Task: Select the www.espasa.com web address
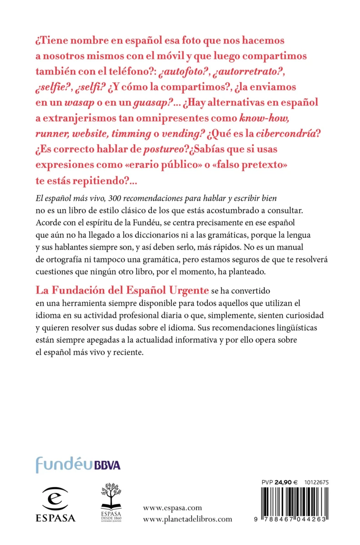coord(172,508)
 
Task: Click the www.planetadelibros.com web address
coord(187,519)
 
